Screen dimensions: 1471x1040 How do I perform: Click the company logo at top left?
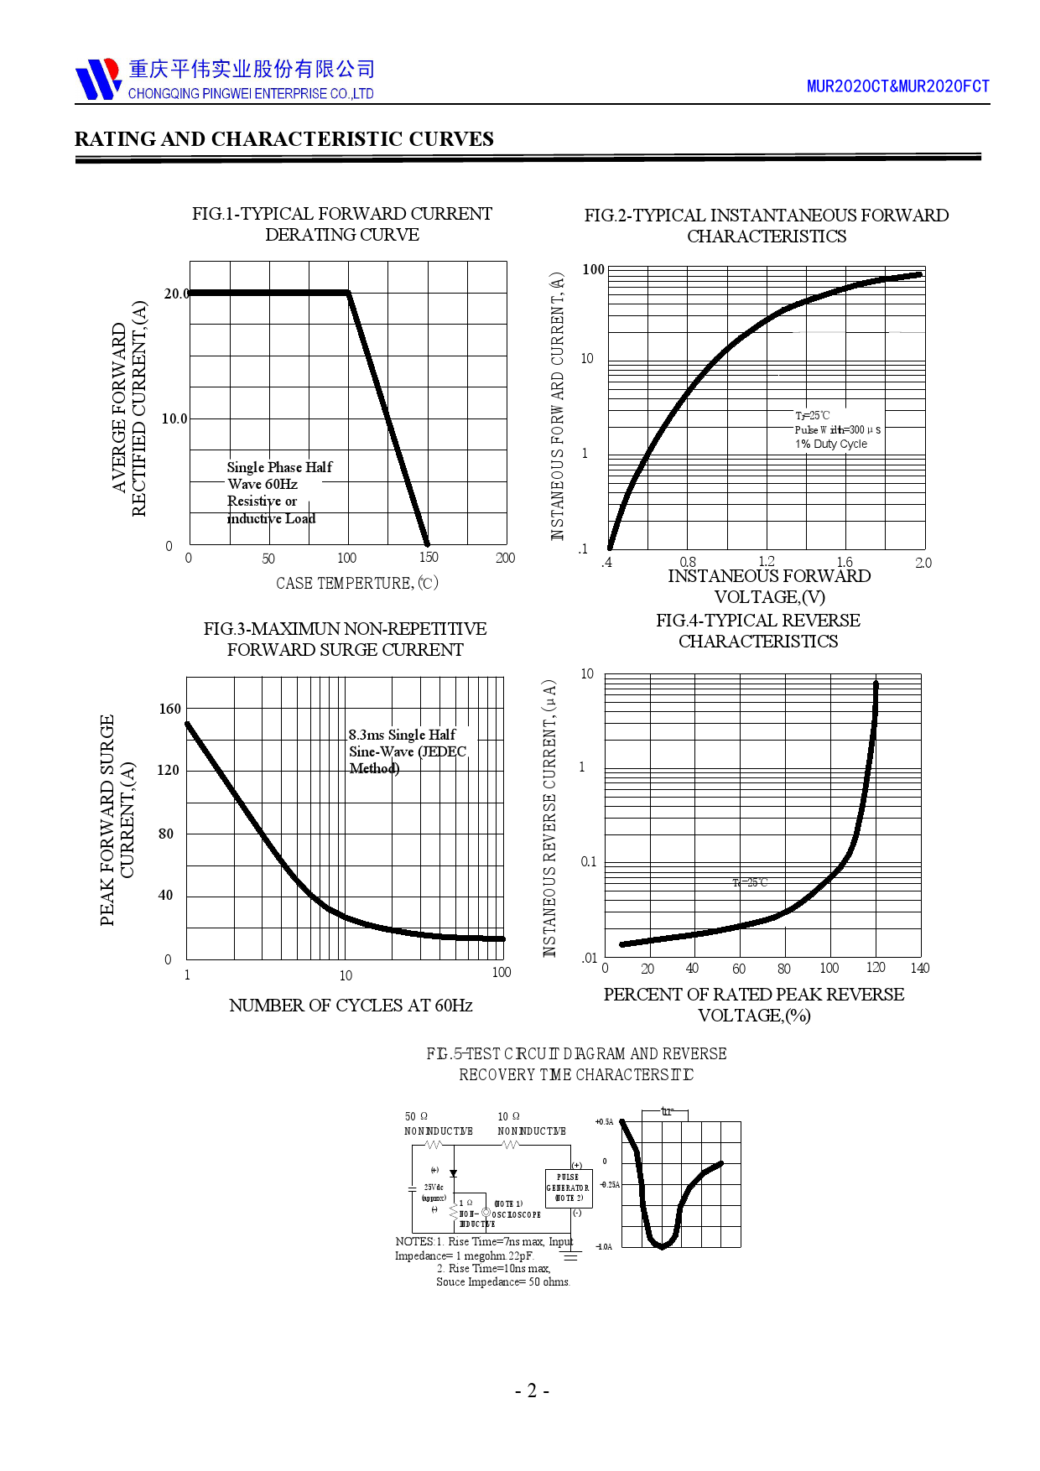point(98,80)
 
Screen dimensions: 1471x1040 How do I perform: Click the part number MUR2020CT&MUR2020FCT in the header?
point(897,86)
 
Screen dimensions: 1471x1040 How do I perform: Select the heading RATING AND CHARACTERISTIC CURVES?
point(283,139)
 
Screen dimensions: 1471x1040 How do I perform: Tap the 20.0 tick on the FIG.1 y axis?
point(176,294)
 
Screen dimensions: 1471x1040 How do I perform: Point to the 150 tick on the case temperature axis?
point(428,558)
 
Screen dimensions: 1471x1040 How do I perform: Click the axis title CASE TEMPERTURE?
point(356,583)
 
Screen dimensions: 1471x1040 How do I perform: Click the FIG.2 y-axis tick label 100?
point(593,269)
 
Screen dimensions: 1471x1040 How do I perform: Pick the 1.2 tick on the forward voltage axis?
point(766,561)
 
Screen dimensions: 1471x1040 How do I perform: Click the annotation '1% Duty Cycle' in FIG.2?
point(831,444)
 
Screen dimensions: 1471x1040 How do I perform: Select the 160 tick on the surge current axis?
point(169,710)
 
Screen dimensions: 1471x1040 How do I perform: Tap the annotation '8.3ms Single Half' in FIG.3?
point(402,735)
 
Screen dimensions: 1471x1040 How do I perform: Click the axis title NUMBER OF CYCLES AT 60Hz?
point(351,1006)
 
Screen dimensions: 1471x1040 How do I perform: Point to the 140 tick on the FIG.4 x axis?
point(919,968)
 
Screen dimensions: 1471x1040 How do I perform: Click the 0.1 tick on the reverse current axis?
point(589,861)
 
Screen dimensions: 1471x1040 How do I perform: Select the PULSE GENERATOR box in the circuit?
point(568,1188)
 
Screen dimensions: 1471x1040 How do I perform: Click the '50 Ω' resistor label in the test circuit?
point(416,1116)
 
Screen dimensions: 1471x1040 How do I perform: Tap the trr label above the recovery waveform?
point(667,1111)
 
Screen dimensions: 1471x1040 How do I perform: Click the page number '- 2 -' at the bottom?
point(532,1390)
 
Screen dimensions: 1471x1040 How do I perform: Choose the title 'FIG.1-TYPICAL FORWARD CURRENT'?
point(341,214)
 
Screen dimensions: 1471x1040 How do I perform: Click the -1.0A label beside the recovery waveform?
point(604,1247)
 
